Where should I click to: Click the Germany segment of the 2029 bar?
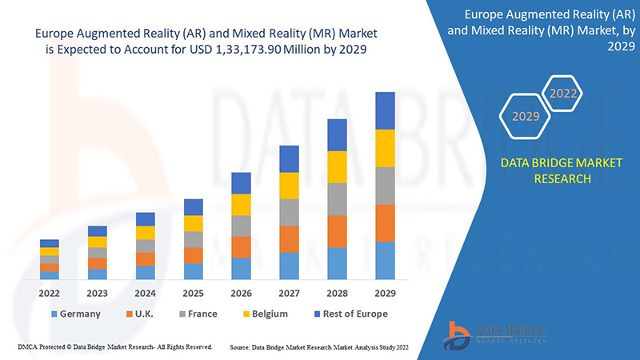pos(385,260)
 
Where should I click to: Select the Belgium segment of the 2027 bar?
pos(289,186)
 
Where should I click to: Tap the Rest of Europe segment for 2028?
pos(337,134)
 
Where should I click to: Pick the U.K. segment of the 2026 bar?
pos(241,247)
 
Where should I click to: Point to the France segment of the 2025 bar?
pos(193,239)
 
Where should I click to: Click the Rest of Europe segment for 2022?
pos(50,243)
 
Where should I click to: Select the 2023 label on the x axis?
pos(97,294)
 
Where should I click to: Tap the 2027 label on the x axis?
pos(289,294)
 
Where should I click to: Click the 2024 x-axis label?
pos(145,294)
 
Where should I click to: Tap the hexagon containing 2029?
pos(526,116)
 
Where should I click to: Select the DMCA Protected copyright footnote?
pos(114,347)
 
